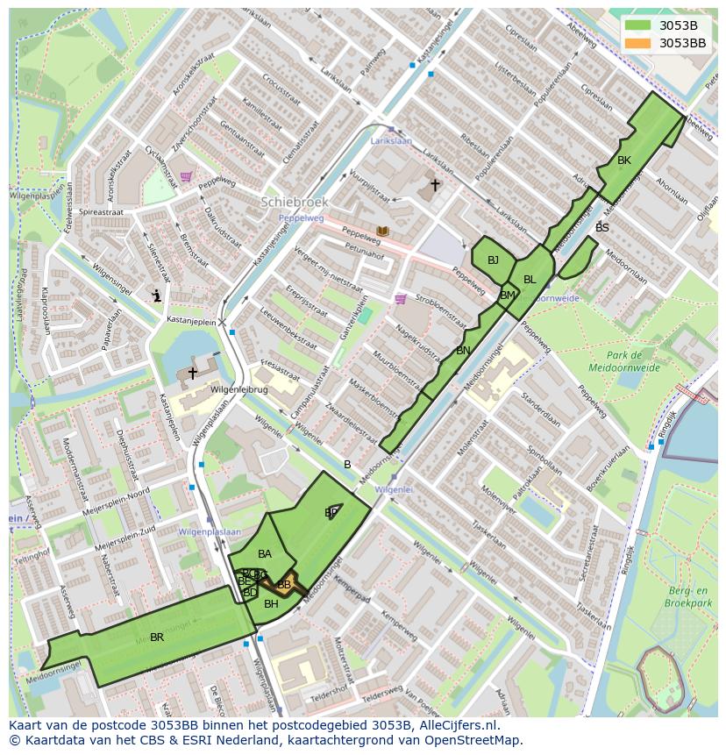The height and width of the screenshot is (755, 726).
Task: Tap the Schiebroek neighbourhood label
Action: click(x=294, y=202)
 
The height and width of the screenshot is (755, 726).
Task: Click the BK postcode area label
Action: click(x=623, y=160)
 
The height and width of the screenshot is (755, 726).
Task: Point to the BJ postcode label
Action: click(x=493, y=260)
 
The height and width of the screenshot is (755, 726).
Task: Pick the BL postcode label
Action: click(x=530, y=280)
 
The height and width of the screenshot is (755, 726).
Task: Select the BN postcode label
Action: click(x=463, y=351)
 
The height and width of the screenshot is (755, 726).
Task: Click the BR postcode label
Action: click(x=157, y=637)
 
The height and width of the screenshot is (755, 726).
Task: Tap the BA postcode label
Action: click(x=265, y=554)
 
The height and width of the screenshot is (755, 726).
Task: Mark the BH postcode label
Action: click(x=271, y=604)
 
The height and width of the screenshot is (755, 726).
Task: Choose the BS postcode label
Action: click(x=601, y=228)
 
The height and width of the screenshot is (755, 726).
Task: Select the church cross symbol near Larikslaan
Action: click(x=435, y=185)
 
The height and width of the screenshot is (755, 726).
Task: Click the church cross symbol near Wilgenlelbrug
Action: click(x=192, y=374)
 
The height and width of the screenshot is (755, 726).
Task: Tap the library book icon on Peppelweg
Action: click(x=382, y=231)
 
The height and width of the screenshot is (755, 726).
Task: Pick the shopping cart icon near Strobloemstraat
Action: click(x=401, y=299)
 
